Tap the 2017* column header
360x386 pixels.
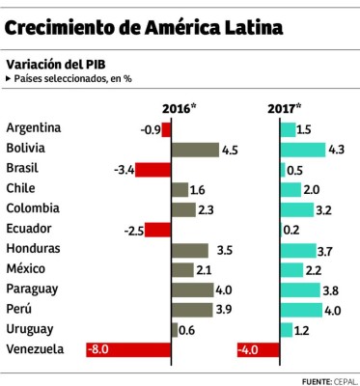coord(284,107)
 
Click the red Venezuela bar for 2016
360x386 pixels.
coord(127,350)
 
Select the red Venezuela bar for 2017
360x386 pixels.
coord(258,350)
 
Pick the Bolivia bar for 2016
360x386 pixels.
coord(194,150)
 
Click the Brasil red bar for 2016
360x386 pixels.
coord(152,170)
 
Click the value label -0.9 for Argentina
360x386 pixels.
coord(150,129)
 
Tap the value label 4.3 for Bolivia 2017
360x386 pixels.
coord(337,150)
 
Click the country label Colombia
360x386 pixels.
coord(33,209)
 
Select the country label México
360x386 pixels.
coord(26,269)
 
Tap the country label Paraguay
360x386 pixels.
coord(32,289)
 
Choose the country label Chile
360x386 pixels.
coord(20,189)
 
